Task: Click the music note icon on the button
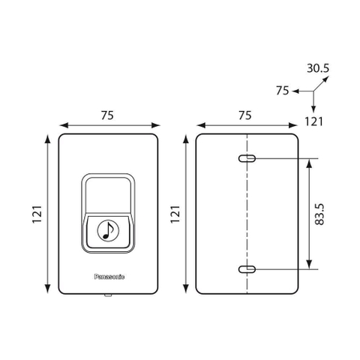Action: coord(108,230)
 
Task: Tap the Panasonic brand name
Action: coord(109,277)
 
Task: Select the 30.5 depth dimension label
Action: coord(318,68)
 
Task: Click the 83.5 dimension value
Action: coord(319,214)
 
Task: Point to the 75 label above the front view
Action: coord(107,115)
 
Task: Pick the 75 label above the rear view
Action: coord(244,115)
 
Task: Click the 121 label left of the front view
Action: coord(37,214)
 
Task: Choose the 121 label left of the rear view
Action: coord(175,214)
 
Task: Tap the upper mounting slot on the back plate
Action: coord(247,158)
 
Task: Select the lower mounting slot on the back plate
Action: coord(247,269)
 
